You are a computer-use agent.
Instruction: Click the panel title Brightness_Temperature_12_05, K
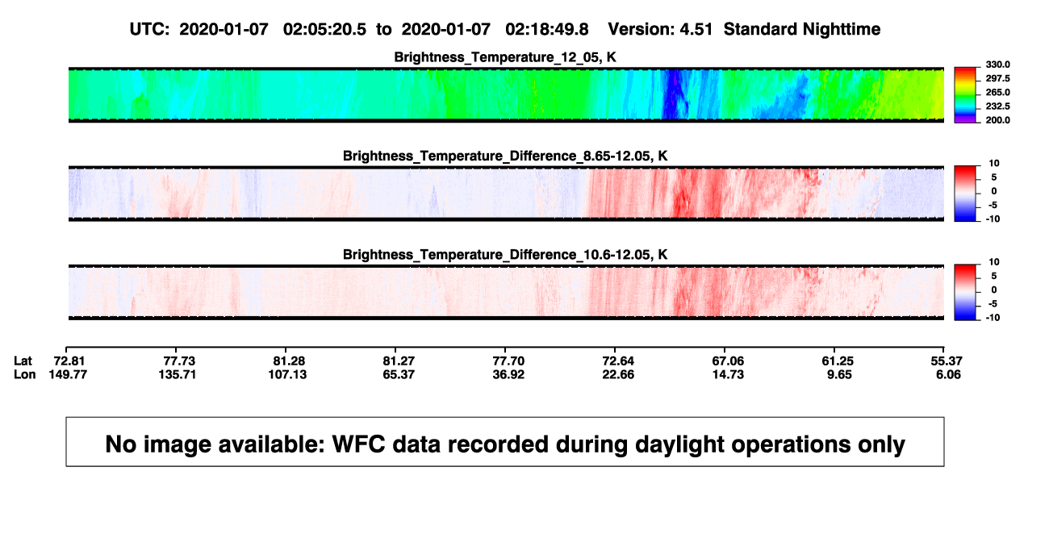tap(505, 57)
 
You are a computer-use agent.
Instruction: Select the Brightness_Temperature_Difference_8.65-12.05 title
tap(505, 156)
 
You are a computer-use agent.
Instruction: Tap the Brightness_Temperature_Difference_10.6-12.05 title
tap(505, 255)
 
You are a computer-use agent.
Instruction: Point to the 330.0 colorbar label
tap(997, 65)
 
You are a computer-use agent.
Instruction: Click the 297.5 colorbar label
tap(997, 78)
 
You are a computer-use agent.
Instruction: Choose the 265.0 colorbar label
tap(997, 92)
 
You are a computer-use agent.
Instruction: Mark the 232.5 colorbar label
tap(997, 106)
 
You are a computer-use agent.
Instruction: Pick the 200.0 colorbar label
tap(997, 120)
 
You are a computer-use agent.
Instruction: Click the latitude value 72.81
tap(69, 361)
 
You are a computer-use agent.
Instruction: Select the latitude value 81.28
tap(289, 361)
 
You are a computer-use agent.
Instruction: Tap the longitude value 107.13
tap(287, 374)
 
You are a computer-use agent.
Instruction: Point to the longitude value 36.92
tap(508, 374)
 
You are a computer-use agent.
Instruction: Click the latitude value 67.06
tap(728, 361)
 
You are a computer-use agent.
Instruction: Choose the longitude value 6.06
tap(948, 374)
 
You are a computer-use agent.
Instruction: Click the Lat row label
tap(23, 361)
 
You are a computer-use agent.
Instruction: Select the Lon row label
tap(24, 374)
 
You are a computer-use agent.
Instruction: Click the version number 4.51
tap(696, 30)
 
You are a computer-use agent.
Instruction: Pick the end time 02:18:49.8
tap(547, 30)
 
